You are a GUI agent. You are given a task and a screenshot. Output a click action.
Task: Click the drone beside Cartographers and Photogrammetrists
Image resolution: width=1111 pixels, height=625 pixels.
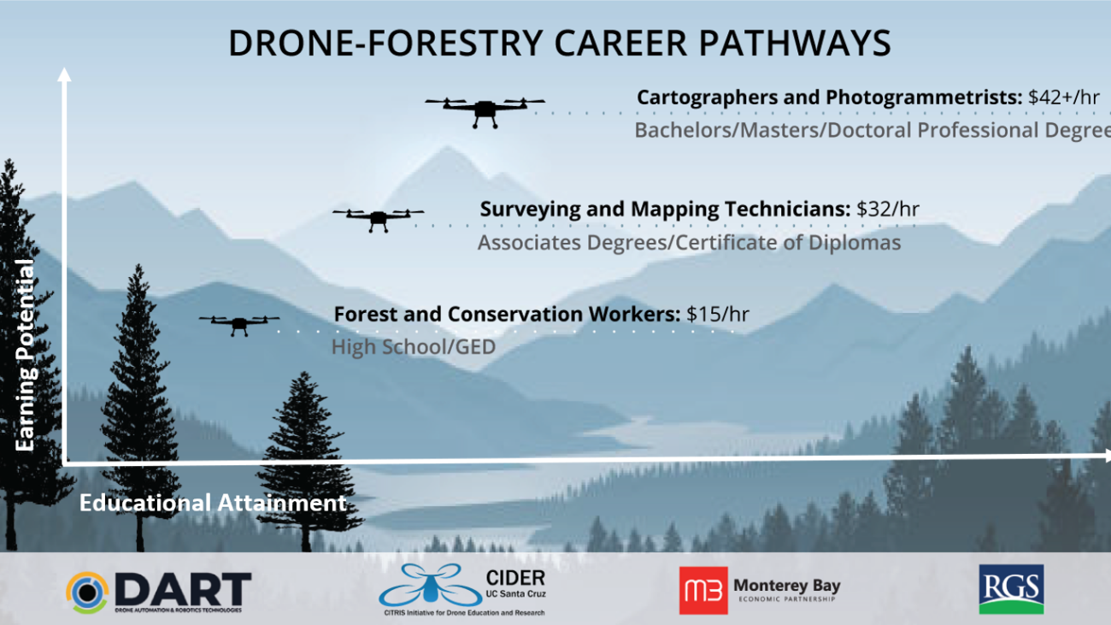485,109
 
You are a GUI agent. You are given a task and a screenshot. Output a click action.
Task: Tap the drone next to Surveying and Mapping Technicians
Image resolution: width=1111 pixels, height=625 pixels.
378,217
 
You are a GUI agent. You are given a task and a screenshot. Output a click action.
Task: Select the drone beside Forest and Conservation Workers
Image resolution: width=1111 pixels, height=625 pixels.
239,322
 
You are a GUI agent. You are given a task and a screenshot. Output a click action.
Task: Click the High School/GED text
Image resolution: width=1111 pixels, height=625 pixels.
414,347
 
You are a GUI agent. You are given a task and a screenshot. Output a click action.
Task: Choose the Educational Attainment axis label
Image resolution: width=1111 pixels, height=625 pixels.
213,503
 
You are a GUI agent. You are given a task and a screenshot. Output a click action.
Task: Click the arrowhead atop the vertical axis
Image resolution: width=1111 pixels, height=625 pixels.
63,74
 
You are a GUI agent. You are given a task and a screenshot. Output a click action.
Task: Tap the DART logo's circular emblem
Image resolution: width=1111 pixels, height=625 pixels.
88,593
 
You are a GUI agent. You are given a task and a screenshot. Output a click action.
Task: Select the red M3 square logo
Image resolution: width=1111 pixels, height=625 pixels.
702,590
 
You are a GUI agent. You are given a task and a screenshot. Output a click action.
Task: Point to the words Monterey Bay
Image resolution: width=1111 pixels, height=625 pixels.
787,586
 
